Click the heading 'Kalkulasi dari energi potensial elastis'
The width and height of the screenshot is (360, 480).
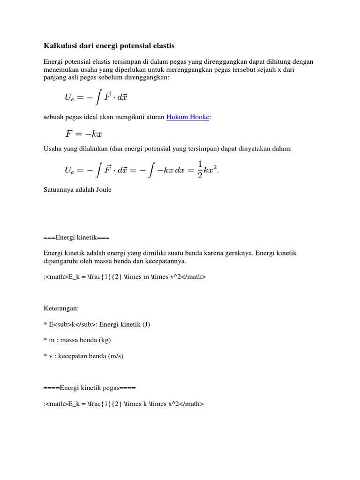click(x=109, y=46)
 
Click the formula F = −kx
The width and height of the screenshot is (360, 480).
click(x=83, y=134)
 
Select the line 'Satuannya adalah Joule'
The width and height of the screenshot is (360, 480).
click(x=77, y=190)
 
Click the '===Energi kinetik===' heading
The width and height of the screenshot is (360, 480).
click(x=76, y=238)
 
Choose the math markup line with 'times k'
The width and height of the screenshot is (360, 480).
click(x=124, y=404)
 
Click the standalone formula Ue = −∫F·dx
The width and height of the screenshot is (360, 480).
click(x=96, y=97)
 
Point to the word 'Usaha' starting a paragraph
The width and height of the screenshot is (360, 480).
click(x=52, y=149)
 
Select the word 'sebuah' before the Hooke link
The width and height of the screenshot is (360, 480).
click(x=53, y=117)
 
